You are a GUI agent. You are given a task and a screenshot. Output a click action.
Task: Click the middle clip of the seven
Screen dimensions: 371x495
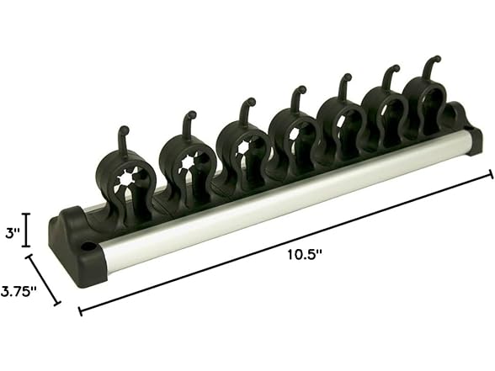click(x=292, y=135)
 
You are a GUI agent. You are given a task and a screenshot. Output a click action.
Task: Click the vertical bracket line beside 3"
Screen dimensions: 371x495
click(x=28, y=228)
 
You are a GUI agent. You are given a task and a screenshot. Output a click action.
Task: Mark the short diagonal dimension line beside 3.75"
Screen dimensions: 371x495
click(x=42, y=279)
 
